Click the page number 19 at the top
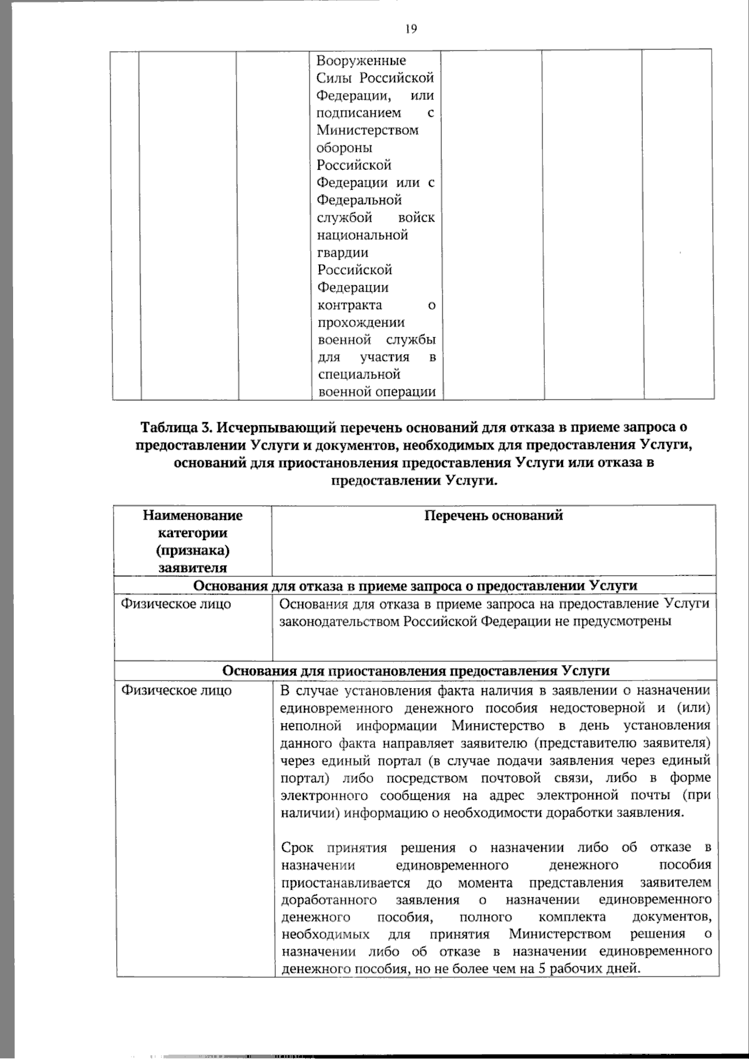click(411, 28)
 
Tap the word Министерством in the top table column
click(368, 131)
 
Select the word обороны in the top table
click(345, 148)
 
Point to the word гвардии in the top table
click(343, 253)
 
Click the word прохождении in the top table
click(361, 323)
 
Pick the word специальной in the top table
click(358, 375)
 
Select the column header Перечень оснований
click(493, 515)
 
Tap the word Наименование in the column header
click(193, 515)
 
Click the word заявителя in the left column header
click(193, 568)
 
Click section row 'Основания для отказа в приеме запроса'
click(416, 586)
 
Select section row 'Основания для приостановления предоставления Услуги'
click(416, 671)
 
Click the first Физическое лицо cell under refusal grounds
click(176, 604)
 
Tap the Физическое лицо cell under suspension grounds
click(176, 690)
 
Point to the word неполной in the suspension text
click(311, 726)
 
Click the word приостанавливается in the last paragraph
click(346, 883)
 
